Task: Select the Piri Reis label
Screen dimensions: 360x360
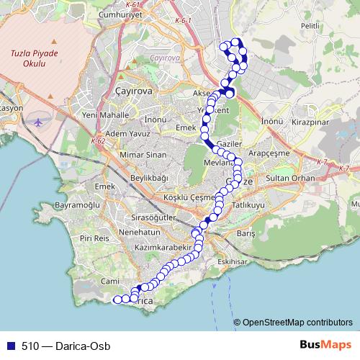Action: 94,238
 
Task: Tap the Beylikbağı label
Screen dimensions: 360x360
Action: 149,177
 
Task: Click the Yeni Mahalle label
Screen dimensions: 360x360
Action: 105,114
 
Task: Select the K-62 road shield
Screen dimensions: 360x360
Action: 98,141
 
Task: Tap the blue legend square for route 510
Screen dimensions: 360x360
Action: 9,346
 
